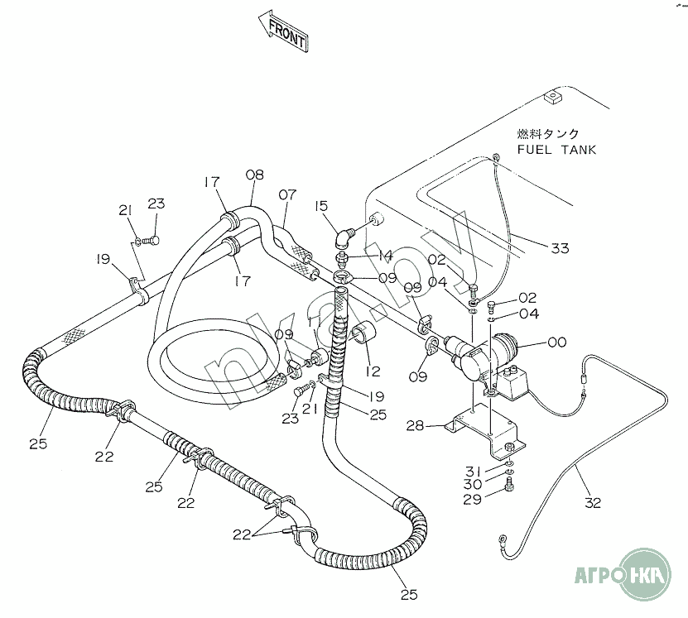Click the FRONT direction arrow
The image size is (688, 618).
[284, 31]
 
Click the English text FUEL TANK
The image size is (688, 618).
[556, 150]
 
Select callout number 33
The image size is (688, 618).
[561, 247]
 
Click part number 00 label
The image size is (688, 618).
[557, 342]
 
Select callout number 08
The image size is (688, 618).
[255, 175]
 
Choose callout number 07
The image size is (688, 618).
[286, 195]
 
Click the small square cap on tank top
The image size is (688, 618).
[551, 98]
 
